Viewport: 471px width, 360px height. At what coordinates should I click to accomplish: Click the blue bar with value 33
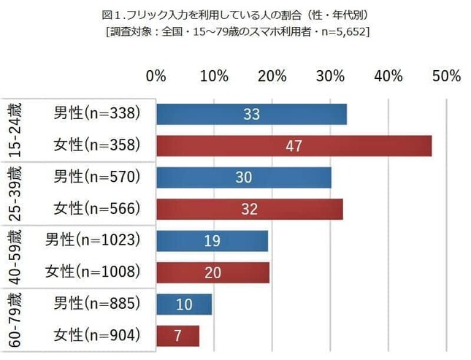(x=251, y=114)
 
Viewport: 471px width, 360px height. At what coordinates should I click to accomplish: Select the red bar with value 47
(x=294, y=145)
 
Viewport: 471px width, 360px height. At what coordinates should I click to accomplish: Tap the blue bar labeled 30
(x=243, y=177)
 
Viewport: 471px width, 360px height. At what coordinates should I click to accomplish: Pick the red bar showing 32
(x=249, y=209)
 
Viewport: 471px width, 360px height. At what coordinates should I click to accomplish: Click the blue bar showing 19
(x=212, y=241)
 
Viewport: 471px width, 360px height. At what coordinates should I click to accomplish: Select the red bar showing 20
(x=212, y=272)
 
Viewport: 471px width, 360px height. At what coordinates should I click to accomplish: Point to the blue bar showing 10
(x=184, y=304)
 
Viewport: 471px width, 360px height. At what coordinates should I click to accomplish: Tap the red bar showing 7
(x=177, y=336)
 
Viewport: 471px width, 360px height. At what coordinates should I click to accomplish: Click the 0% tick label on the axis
(x=156, y=76)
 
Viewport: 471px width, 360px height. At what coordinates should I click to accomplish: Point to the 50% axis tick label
(x=445, y=76)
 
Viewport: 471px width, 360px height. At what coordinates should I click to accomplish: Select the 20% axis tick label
(x=272, y=76)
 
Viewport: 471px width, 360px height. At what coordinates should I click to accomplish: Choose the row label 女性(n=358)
(x=96, y=145)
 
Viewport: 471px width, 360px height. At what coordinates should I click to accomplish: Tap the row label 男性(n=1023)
(x=92, y=240)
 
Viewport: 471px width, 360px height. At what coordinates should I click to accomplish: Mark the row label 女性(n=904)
(x=96, y=336)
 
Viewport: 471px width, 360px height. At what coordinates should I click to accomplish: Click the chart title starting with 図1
(x=235, y=13)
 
